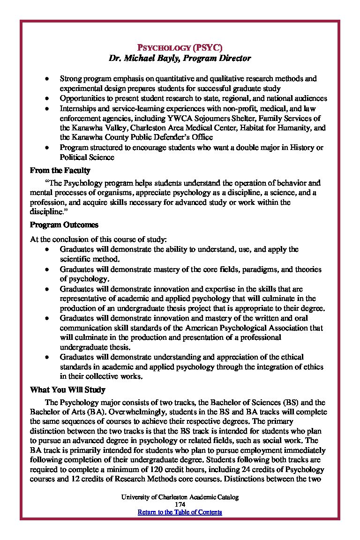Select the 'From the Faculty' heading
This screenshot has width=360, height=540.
(60, 170)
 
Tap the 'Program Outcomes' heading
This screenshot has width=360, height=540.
(64, 225)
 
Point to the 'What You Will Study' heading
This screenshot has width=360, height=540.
(67, 390)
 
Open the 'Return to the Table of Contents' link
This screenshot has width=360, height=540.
(180, 512)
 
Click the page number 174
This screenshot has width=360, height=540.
(180, 504)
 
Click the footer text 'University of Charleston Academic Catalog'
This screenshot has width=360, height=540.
(180, 497)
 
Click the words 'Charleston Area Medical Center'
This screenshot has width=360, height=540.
(183, 127)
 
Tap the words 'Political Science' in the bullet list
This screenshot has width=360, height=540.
(87, 157)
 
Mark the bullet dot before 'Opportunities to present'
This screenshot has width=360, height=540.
(47, 98)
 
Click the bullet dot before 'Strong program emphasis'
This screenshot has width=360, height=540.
(47, 79)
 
